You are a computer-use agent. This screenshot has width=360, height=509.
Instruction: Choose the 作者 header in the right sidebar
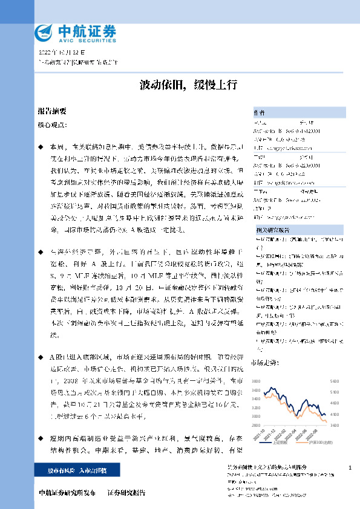259,113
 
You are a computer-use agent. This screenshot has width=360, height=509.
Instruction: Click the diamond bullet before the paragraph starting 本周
41,147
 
